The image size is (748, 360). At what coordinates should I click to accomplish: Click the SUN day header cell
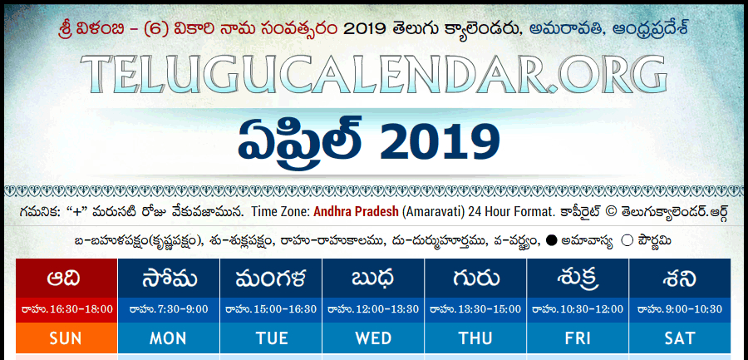coord(66,338)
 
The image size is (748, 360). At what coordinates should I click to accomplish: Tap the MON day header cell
coord(169,338)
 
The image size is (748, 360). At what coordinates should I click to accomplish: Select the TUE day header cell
coord(271,338)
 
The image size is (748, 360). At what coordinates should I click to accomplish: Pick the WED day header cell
coord(373,338)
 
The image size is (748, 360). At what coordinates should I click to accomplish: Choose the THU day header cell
coord(475,338)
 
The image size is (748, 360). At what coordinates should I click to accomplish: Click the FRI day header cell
coord(578,338)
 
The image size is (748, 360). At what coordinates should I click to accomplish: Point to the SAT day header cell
coord(680,338)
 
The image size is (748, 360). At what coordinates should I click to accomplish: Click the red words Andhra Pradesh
coord(356,212)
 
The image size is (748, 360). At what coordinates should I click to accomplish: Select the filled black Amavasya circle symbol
coord(552,241)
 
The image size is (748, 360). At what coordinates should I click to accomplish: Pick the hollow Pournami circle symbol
coord(627,241)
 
